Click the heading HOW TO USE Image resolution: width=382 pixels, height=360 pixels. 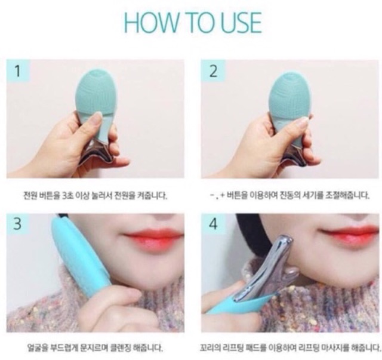193,23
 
